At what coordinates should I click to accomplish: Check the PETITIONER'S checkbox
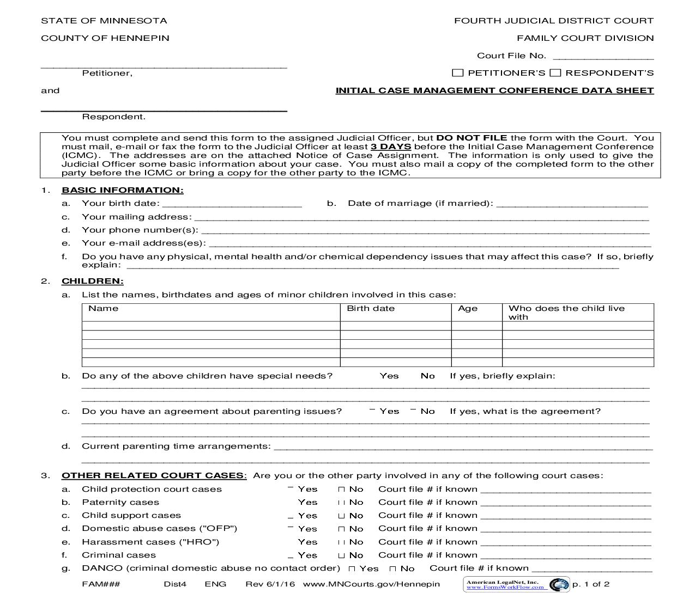(x=458, y=73)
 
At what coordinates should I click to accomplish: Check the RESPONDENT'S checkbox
(x=555, y=73)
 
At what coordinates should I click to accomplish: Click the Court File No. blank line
(x=603, y=56)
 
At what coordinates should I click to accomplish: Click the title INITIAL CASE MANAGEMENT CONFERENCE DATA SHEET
(x=494, y=90)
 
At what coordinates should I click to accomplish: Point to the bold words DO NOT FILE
(x=472, y=138)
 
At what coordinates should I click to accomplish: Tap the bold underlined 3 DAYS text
(x=391, y=146)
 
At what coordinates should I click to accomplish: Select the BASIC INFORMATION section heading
(x=122, y=190)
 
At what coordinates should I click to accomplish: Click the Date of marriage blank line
(x=572, y=204)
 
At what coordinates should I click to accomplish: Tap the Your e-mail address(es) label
(x=143, y=243)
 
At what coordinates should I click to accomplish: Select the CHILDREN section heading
(x=92, y=281)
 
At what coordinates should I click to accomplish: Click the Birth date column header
(x=371, y=308)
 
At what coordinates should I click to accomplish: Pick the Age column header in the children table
(x=468, y=308)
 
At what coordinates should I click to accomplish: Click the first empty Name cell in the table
(x=210, y=326)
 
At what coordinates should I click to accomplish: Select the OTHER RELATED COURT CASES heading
(x=154, y=475)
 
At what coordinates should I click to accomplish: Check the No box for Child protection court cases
(x=342, y=490)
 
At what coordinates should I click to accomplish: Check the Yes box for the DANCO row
(x=352, y=569)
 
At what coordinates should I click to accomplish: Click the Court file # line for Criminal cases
(x=566, y=555)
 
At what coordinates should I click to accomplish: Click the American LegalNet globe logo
(x=558, y=585)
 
